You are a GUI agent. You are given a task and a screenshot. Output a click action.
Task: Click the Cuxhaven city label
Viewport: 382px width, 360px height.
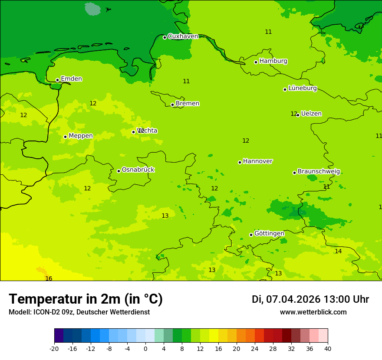coord(183,36)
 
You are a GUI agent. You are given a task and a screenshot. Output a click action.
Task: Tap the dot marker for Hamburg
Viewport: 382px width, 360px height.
coord(256,62)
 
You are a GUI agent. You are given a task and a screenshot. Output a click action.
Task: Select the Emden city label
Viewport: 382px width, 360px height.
coord(71,79)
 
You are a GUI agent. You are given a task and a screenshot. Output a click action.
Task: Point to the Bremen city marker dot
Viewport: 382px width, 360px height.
coord(172,105)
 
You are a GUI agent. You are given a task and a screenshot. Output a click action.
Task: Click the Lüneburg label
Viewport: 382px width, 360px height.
coord(303,88)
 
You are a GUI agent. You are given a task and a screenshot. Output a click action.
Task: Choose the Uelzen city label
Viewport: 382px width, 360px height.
coord(311,114)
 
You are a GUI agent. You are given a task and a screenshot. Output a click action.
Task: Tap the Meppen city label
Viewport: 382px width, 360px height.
coord(81,136)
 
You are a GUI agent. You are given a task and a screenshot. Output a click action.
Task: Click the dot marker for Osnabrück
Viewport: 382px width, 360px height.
coord(119,171)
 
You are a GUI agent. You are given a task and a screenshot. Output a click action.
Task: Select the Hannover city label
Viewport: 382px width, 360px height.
coord(257,161)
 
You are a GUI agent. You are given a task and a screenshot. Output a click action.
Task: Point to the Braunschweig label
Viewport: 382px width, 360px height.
coord(319,171)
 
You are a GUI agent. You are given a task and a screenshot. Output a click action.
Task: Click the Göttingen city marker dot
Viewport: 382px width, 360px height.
coord(251,235)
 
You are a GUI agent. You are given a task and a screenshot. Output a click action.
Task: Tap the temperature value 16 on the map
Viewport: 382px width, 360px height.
coord(49,278)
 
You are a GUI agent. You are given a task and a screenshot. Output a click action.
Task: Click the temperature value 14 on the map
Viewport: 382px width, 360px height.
coord(338,251)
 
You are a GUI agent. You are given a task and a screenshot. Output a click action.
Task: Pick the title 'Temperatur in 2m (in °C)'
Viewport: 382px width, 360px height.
coord(86,299)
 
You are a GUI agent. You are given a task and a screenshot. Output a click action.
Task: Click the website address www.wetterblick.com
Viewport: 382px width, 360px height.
coord(313,312)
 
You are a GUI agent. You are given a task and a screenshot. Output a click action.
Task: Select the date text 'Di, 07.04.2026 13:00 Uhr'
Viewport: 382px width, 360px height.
coord(310,299)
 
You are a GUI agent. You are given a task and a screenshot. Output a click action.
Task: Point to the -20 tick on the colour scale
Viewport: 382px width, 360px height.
coord(54,349)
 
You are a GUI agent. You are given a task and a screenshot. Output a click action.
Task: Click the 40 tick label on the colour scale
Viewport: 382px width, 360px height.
coord(328,349)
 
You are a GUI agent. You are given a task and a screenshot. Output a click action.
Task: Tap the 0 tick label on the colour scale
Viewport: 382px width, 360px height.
coord(145,349)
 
